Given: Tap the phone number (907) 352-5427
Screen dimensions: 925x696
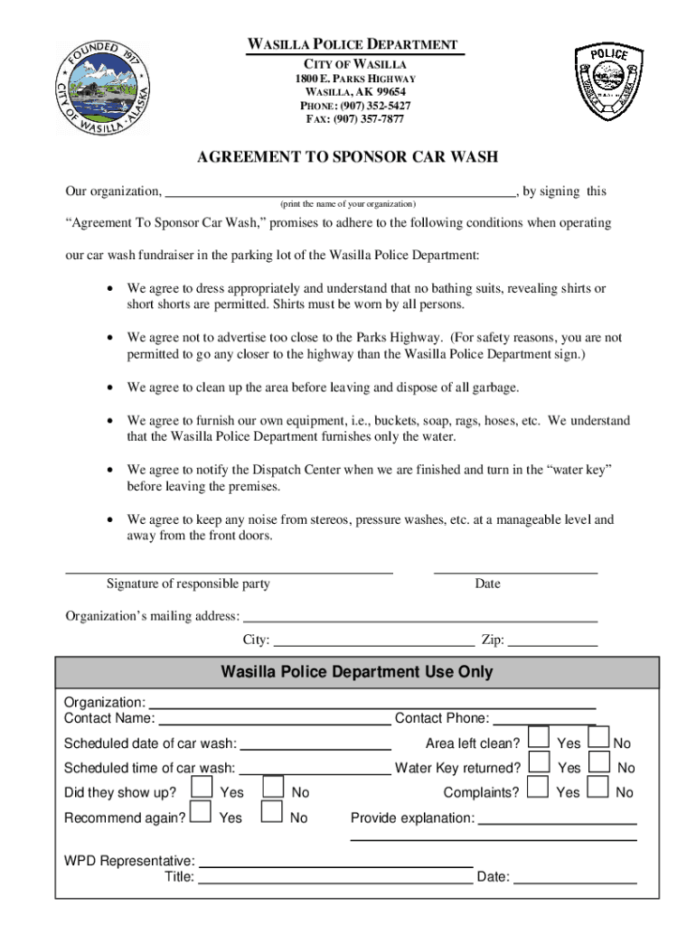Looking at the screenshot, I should pos(354,106).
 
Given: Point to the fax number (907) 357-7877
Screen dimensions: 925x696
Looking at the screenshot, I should pos(354,119).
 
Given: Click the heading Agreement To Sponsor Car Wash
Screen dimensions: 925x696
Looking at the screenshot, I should pos(348,157).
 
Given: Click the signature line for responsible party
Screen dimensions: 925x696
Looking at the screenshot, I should pos(230,572).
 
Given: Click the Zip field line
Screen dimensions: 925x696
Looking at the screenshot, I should pos(552,645).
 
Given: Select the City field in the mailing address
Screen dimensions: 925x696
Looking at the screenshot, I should pos(373,645).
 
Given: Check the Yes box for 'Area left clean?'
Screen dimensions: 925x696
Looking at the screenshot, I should pos(539,738).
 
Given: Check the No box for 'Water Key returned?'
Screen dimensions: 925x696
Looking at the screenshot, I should pos(598,763).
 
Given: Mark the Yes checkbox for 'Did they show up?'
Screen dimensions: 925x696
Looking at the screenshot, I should pos(202,788).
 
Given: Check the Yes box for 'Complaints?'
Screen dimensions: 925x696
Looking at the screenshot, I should pos(539,788).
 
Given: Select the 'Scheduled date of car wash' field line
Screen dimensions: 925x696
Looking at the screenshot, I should pos(315,749).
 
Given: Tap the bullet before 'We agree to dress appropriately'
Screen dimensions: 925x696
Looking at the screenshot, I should pos(109,289).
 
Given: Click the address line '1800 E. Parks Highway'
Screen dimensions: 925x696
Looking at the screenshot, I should pos(354,79).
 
